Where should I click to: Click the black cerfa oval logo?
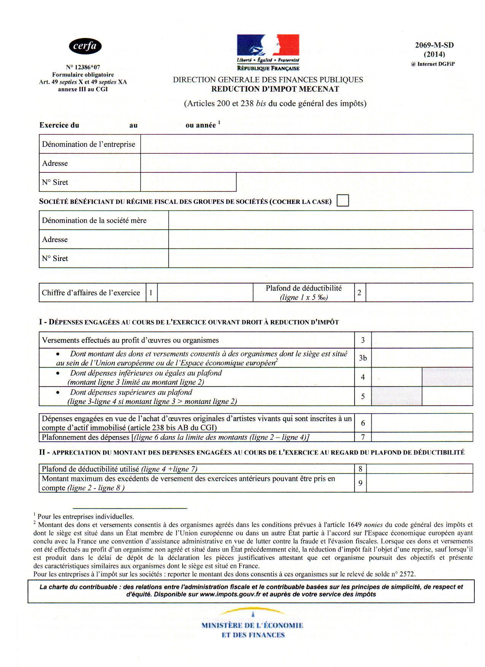click(x=85, y=47)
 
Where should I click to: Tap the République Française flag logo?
click(x=268, y=52)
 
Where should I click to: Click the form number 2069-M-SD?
click(x=434, y=45)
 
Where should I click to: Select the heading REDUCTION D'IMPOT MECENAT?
click(x=275, y=89)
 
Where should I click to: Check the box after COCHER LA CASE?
click(x=343, y=201)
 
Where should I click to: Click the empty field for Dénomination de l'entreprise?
click(x=306, y=144)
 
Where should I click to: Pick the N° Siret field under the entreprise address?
click(x=188, y=182)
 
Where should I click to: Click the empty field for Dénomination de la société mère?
click(x=320, y=220)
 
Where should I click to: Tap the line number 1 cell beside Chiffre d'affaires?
click(x=151, y=293)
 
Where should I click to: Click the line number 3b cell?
click(x=363, y=358)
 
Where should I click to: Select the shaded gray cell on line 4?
click(x=447, y=377)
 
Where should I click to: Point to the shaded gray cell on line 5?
click(x=396, y=396)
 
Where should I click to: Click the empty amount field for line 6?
click(x=421, y=423)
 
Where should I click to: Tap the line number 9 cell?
click(x=360, y=483)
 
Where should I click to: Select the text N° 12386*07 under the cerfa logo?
click(x=83, y=67)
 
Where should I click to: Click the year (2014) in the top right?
click(x=434, y=54)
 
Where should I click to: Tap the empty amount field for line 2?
click(x=419, y=293)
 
